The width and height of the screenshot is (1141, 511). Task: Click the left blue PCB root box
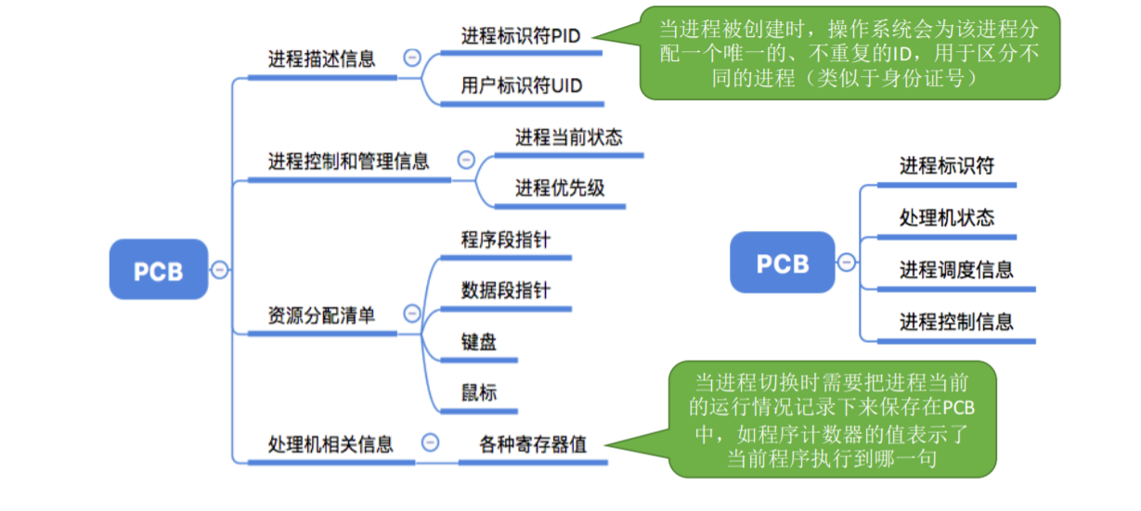point(158,270)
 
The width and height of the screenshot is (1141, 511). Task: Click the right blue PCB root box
point(782,262)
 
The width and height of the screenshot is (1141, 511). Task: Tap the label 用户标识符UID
point(521,86)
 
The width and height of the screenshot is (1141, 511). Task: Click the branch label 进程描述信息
point(321,59)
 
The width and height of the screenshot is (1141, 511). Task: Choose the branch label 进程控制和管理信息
point(348,161)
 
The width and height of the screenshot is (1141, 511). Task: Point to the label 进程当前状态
point(568,137)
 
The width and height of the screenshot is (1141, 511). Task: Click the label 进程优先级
point(560,187)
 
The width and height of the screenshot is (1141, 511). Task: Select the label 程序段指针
point(505,239)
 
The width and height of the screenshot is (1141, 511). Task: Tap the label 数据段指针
point(505,290)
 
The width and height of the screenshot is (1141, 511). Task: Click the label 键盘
point(479,341)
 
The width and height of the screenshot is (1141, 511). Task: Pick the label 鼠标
point(479,392)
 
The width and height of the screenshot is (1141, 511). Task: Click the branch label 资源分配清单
point(321,314)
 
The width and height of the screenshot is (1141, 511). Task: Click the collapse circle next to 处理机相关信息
point(430,442)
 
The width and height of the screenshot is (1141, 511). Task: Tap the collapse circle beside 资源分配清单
point(411,313)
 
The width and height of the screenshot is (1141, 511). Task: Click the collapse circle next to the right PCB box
point(847,262)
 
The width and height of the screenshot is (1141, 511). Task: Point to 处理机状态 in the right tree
point(946,217)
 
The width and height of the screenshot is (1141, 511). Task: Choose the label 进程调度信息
point(955,270)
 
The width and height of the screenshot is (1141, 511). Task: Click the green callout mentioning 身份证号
point(849,54)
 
